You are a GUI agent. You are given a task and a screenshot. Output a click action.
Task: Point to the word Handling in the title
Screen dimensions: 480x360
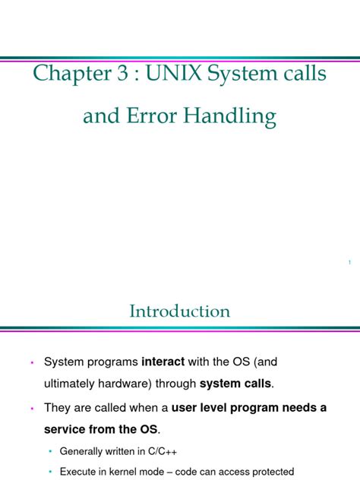[x=238, y=118]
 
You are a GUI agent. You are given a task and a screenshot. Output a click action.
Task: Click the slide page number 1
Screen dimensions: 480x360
[x=349, y=263]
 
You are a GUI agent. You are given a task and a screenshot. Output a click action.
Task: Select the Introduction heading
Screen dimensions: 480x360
[x=180, y=311]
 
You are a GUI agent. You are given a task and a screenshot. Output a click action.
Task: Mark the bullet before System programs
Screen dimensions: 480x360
[x=32, y=363]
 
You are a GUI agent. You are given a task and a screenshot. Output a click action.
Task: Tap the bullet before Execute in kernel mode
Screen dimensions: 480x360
[x=51, y=472]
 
